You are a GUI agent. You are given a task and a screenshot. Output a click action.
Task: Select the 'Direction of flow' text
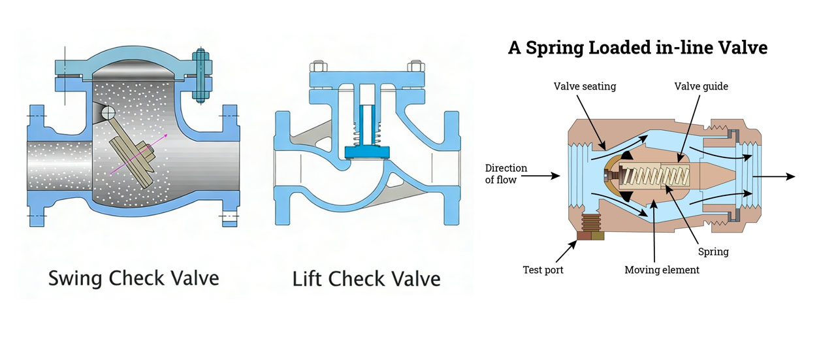(x=507, y=174)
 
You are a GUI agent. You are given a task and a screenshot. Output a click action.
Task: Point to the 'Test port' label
(x=542, y=269)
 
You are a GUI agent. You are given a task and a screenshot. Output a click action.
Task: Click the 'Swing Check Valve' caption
(x=133, y=279)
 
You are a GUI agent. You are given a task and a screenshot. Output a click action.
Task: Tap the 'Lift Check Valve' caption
(x=365, y=279)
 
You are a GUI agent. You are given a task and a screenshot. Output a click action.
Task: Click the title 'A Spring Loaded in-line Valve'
(x=637, y=48)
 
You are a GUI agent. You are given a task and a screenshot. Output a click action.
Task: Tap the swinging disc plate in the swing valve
(x=129, y=157)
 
